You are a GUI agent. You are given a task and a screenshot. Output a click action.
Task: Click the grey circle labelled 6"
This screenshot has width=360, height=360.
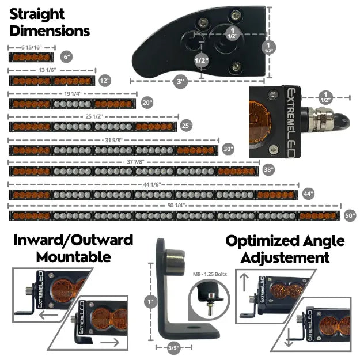click(67, 57)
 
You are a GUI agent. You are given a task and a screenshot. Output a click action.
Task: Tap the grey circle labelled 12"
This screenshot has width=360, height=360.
click(104, 81)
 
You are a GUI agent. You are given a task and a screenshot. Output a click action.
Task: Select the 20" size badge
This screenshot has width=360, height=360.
click(147, 103)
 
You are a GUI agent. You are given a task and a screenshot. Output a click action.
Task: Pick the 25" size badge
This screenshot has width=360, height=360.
click(186, 125)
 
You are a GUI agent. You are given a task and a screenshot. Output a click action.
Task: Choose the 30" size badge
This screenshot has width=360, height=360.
click(229, 149)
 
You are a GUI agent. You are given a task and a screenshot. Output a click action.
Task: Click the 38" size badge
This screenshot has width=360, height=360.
click(268, 170)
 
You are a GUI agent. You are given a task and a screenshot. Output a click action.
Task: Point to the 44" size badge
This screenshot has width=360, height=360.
click(308, 194)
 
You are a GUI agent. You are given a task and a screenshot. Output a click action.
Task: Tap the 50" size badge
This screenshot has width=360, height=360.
click(349, 215)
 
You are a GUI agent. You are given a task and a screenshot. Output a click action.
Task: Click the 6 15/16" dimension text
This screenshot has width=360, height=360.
click(31, 47)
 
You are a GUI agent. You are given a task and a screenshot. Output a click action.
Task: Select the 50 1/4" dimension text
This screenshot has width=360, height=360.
click(173, 205)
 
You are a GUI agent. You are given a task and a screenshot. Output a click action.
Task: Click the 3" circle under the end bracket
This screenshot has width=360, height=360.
click(180, 82)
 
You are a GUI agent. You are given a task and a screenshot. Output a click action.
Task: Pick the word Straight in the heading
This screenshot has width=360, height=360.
click(37, 13)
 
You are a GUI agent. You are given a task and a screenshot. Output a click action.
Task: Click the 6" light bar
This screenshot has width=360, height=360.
click(31, 57)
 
